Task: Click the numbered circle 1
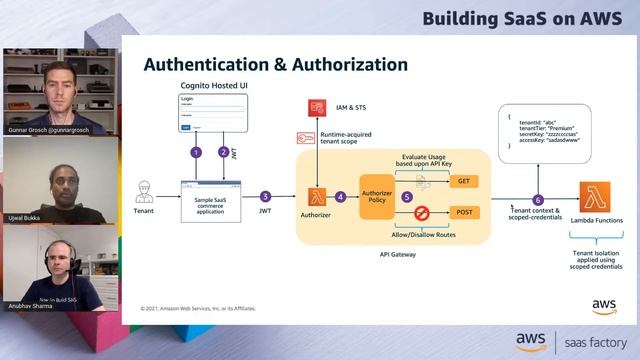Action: click(x=196, y=152)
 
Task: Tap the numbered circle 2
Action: click(x=223, y=152)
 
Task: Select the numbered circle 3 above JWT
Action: click(x=265, y=196)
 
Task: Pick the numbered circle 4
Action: click(x=340, y=196)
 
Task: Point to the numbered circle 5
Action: click(x=407, y=197)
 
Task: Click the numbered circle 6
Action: click(x=538, y=200)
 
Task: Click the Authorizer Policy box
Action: click(x=377, y=196)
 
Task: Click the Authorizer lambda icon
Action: click(x=318, y=195)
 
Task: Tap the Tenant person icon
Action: click(x=144, y=191)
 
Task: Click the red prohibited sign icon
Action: click(x=421, y=212)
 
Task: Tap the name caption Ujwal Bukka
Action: click(x=27, y=217)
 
